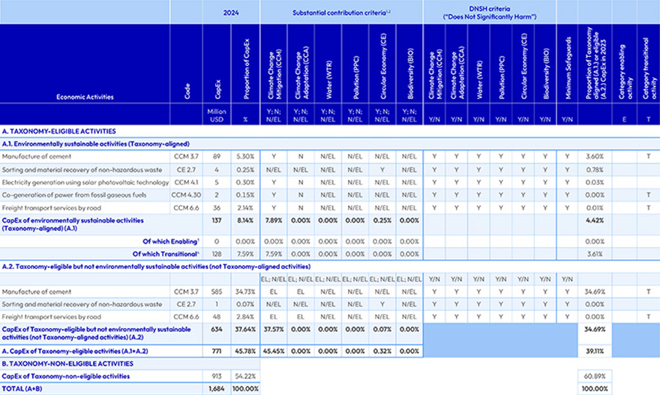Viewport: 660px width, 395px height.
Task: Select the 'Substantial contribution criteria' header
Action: pos(337,12)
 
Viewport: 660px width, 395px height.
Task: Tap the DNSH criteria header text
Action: pos(489,12)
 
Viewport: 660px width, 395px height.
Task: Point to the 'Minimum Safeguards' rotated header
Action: pos(567,67)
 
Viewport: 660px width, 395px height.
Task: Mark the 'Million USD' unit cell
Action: pos(217,115)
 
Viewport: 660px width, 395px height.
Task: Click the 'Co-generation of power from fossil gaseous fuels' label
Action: pos(71,194)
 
